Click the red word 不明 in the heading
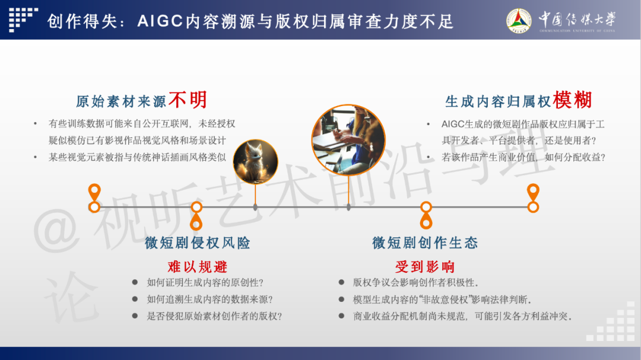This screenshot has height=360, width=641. point(188,100)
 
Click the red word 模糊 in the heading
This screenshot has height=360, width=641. point(573,100)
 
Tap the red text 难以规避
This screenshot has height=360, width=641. point(198,267)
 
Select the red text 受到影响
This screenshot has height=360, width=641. point(425,267)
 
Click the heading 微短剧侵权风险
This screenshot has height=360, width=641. point(198,243)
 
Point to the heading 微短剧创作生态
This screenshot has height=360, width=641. point(425,243)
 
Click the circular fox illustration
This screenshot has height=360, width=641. point(255,162)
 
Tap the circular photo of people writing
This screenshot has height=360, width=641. point(348,140)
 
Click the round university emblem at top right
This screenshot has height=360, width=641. point(519,20)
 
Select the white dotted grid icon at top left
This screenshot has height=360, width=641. point(23,19)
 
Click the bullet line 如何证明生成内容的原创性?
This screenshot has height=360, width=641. point(205,283)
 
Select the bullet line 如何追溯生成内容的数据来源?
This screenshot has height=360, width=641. point(210,300)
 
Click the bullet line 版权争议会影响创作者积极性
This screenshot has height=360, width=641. point(415,283)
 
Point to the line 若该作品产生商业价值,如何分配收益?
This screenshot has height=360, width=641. point(523,157)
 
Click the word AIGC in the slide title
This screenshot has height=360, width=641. point(160,21)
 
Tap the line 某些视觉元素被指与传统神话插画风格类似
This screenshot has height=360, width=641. point(137,157)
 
